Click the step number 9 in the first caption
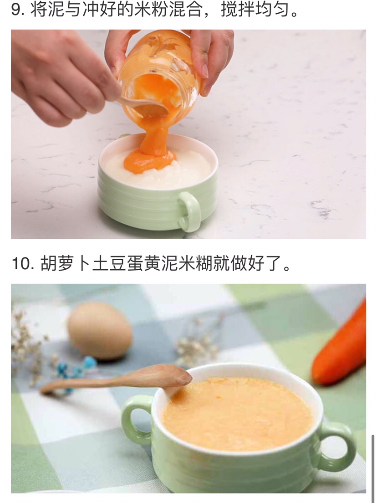coord(16,10)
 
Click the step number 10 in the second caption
coord(21,264)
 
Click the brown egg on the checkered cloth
coord(100,330)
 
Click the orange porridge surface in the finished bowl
coord(238,414)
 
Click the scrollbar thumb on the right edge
coord(373,462)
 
